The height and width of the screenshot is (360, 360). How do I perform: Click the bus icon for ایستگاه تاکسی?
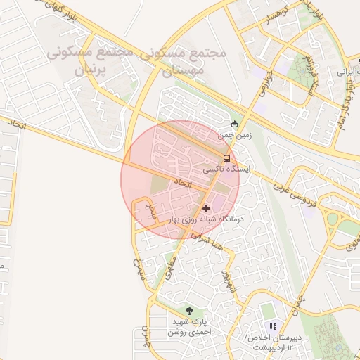(x=226, y=158)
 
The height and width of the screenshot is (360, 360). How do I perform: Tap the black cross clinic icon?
(x=206, y=208)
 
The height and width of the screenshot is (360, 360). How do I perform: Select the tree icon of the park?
(x=189, y=310)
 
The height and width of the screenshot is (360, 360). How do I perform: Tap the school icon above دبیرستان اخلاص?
(x=273, y=327)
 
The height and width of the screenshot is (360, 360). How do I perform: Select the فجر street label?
(x=149, y=211)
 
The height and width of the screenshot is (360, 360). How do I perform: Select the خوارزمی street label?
(x=263, y=86)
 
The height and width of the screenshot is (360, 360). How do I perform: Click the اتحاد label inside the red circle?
(x=182, y=182)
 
